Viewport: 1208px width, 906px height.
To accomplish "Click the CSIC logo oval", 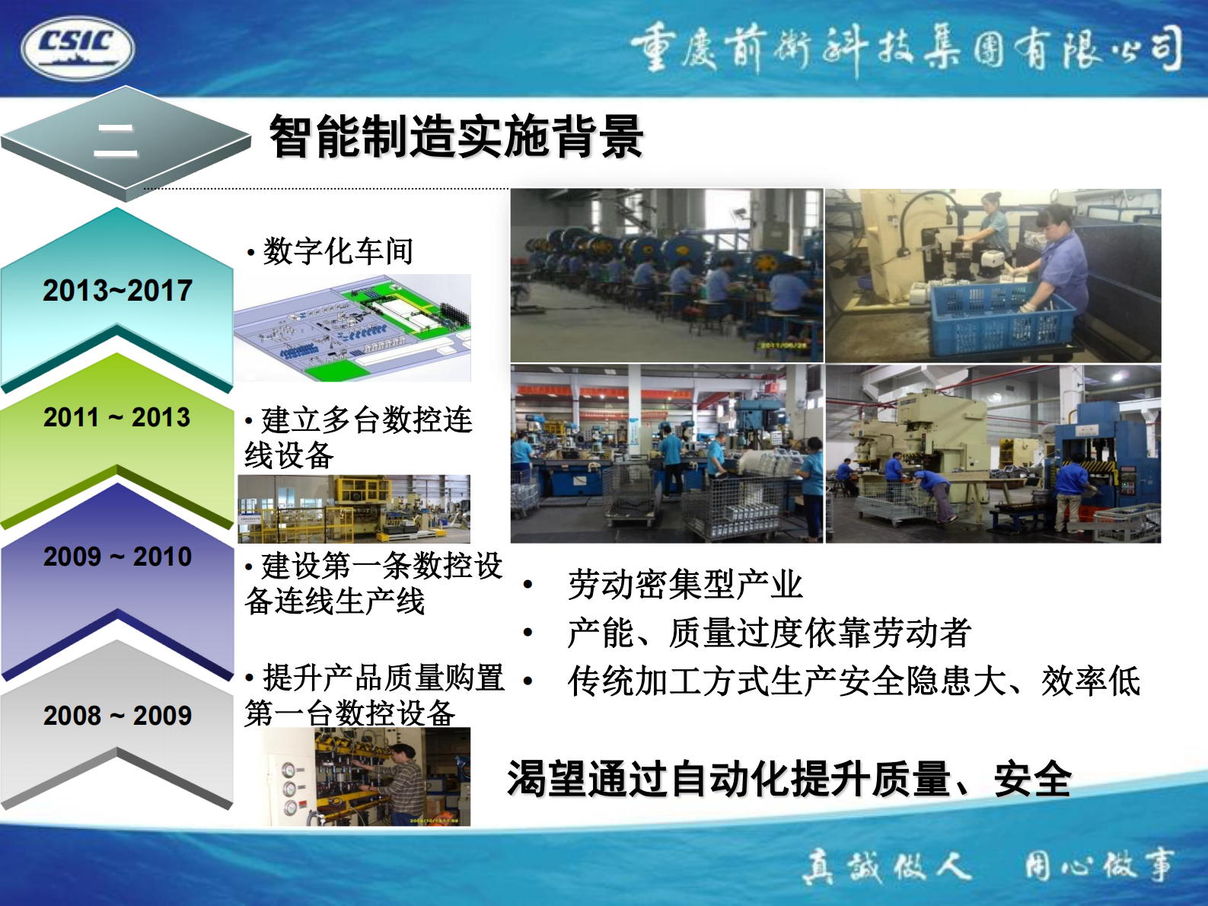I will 77,48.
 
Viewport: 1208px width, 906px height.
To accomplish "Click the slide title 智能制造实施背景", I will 456,137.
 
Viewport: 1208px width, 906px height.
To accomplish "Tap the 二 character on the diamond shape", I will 116,142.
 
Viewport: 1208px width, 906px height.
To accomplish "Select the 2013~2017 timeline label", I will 117,291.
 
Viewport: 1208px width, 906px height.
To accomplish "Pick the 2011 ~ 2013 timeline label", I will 117,417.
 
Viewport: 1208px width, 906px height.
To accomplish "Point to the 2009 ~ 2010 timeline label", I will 117,557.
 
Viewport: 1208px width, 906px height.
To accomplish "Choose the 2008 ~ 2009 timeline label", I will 117,716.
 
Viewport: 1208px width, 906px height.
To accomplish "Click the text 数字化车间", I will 337,251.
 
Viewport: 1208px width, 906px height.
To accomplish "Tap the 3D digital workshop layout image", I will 352,329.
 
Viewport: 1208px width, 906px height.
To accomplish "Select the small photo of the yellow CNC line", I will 354,509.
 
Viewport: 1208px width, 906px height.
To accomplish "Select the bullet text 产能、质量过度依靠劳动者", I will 769,633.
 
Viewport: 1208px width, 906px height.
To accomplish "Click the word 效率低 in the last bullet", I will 1090,681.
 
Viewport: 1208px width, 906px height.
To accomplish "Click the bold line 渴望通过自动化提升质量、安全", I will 789,779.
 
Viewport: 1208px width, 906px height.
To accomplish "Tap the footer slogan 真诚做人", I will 887,866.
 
